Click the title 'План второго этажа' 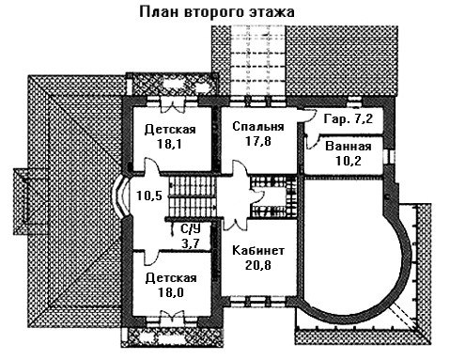point(217,12)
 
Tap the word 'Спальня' point(258,127)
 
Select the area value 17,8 point(258,141)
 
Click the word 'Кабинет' point(258,251)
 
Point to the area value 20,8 point(258,265)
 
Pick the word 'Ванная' point(349,147)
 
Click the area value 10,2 point(349,161)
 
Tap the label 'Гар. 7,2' point(349,119)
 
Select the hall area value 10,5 point(149,196)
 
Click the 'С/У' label point(191,229)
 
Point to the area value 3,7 point(192,243)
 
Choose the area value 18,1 point(170,144)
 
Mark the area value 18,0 point(170,292)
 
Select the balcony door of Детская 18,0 point(172,318)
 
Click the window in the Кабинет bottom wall point(258,302)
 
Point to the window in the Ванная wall point(388,156)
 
